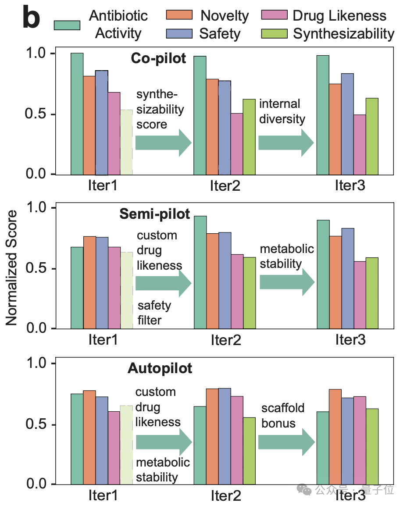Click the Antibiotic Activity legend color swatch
(x=67, y=25)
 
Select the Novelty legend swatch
(x=179, y=14)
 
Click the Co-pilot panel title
(x=158, y=59)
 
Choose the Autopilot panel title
(x=160, y=368)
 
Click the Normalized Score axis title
(x=12, y=268)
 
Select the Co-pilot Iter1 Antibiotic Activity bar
(x=77, y=114)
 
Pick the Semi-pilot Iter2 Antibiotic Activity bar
(x=200, y=272)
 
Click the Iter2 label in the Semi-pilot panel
(x=226, y=340)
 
